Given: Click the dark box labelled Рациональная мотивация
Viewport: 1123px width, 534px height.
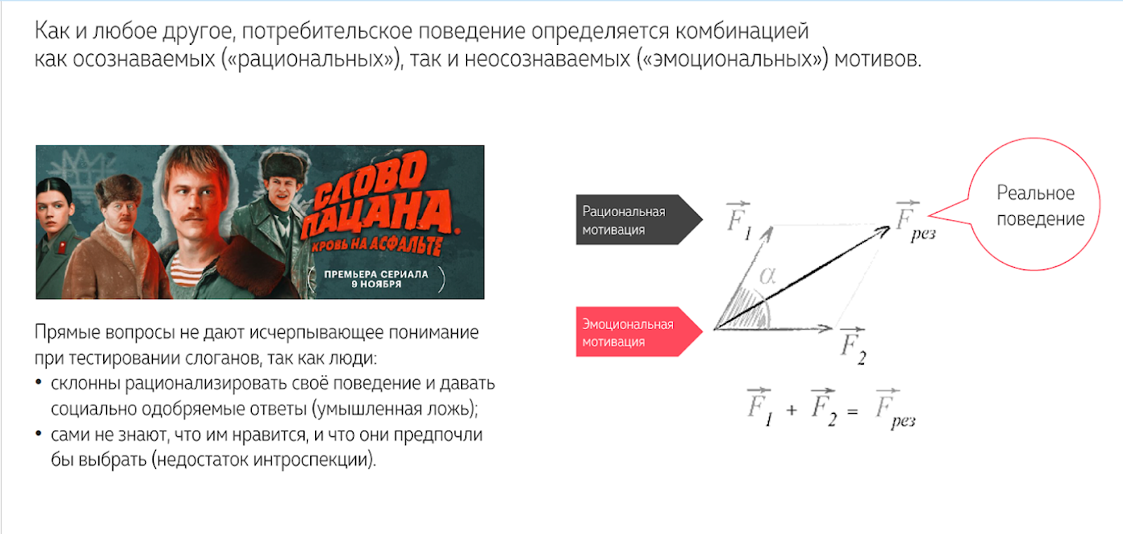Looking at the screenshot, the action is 632,220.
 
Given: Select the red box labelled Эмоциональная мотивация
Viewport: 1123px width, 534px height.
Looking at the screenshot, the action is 632,332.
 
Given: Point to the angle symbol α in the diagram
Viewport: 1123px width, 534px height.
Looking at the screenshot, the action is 768,275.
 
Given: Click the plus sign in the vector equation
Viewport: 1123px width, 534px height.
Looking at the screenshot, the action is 792,410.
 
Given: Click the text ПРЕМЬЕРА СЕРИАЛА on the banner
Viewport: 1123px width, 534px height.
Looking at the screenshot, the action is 376,274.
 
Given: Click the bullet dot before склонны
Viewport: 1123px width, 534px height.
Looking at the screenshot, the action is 39,383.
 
